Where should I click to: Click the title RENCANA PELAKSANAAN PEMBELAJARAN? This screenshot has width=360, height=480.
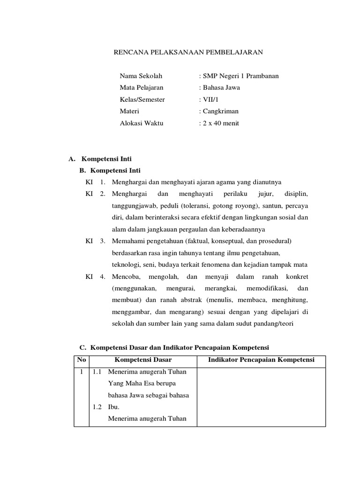pos(188,52)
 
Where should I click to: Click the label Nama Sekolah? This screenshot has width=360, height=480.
pos(141,75)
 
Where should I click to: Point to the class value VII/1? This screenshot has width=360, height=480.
pos(209,99)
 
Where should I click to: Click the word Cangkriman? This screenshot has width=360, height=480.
pos(219,111)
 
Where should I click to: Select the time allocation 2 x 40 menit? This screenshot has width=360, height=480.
pos(219,123)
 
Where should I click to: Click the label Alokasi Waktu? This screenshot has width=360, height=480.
pos(142,123)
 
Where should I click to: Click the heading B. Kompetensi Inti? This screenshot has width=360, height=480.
pos(110,171)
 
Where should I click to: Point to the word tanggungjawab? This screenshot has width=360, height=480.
pos(135,206)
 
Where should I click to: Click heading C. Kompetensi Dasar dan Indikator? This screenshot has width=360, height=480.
pos(174,347)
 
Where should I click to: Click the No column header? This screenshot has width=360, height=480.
pos(82,360)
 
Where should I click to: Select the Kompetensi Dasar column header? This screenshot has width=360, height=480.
pos(143,360)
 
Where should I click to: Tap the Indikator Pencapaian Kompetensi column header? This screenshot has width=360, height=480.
pos(261,360)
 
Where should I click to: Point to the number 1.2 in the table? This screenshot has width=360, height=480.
pos(97,407)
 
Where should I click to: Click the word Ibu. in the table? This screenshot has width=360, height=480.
pos(114,407)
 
